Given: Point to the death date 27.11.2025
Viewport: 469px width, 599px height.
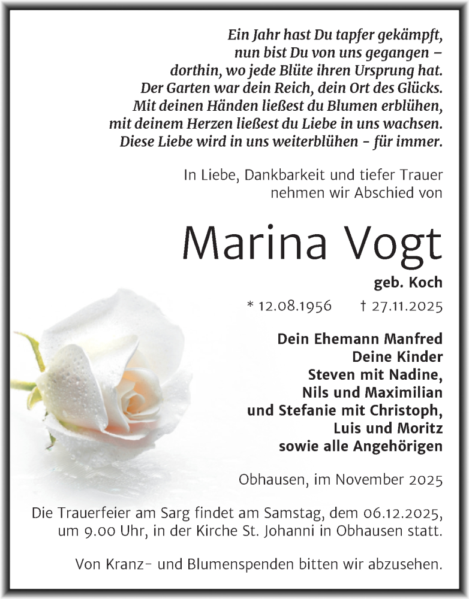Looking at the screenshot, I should click(405, 306).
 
